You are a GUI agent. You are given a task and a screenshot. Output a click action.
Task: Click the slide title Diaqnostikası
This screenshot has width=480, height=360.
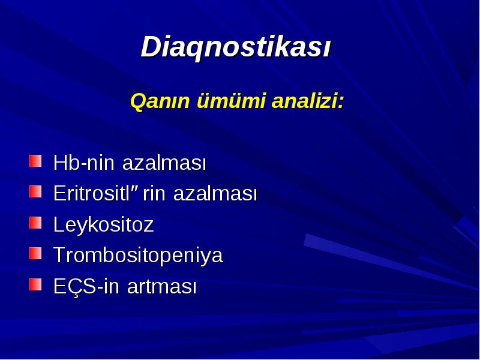point(236,47)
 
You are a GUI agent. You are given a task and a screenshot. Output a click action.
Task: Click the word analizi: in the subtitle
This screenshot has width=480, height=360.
point(308,101)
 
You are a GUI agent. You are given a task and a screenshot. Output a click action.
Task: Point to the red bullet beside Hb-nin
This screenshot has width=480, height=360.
point(35,161)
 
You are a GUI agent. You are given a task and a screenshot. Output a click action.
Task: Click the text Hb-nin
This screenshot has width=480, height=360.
point(84,162)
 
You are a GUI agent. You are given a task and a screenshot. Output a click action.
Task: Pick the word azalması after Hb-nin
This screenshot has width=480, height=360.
point(164,162)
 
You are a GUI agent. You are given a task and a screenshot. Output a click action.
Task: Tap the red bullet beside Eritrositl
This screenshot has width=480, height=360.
point(35,191)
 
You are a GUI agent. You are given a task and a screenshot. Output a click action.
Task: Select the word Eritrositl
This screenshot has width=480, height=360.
point(92,193)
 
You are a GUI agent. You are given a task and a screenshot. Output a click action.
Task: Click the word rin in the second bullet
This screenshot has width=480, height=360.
point(154,193)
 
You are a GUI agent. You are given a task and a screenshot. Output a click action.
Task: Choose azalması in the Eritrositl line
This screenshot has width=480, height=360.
point(215,193)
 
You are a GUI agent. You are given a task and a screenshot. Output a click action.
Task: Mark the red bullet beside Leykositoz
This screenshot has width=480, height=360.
point(35,223)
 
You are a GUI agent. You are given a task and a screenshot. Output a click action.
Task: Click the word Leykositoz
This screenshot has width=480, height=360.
point(103,224)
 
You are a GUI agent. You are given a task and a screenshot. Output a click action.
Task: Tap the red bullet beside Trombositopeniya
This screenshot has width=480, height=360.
point(35,253)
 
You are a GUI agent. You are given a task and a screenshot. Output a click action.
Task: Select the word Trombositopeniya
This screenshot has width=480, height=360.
point(139,256)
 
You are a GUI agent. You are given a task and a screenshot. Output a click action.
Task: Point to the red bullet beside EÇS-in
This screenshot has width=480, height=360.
point(35,284)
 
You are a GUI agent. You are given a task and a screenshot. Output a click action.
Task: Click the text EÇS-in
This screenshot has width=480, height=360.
point(86,287)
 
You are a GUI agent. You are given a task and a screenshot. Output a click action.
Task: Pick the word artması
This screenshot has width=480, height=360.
point(161,287)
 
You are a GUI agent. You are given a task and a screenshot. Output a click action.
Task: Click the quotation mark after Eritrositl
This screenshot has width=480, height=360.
point(134,187)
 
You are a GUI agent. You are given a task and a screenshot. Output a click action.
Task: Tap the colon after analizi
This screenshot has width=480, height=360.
point(340,103)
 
